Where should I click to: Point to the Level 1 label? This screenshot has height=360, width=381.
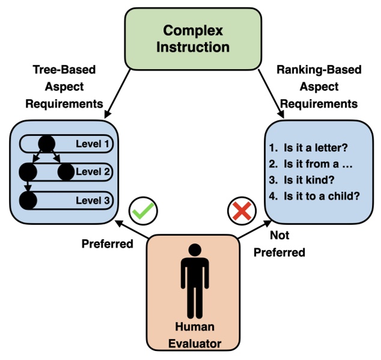94,144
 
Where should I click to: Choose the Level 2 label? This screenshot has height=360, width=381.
94,172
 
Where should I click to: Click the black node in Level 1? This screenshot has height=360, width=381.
46,144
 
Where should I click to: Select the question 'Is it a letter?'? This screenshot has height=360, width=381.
312,146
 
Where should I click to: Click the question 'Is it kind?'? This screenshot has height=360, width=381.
304,178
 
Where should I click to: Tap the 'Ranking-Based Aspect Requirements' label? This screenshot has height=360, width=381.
319,87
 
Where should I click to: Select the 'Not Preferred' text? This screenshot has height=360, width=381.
278,243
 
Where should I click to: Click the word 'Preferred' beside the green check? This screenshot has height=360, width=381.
107,244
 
